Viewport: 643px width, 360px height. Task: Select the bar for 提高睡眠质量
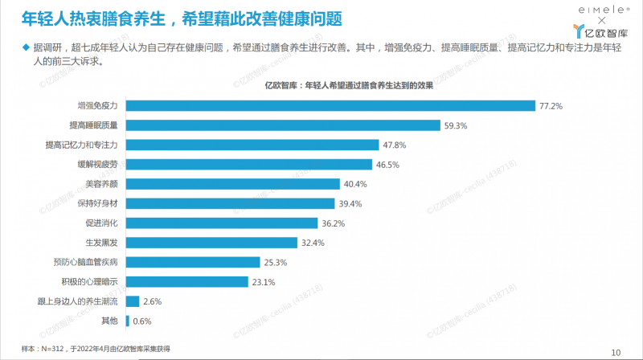284,125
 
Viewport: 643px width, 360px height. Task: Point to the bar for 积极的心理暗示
187,282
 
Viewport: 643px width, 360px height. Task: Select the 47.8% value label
394,145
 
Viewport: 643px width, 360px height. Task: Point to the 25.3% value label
276,263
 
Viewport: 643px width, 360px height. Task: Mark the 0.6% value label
142,321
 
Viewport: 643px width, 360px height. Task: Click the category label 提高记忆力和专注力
83,145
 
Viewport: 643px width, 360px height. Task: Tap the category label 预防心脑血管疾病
86,262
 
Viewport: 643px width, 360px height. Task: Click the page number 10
616,351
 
